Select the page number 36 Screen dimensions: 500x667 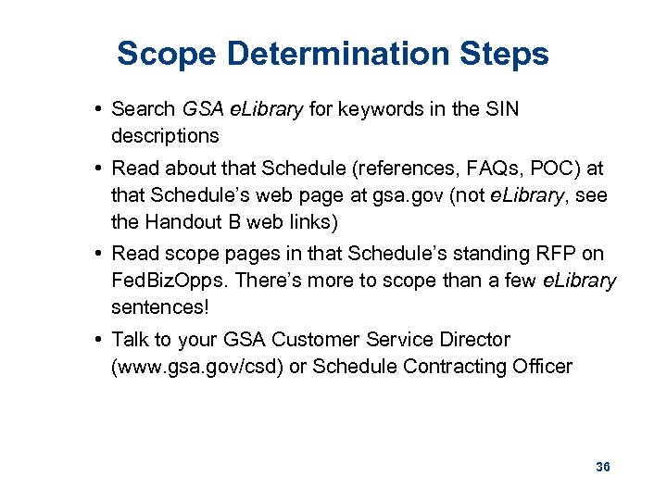click(603, 467)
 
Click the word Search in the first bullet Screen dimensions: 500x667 click(144, 109)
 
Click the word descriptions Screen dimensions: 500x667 click(165, 135)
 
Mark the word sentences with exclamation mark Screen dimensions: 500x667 click(157, 306)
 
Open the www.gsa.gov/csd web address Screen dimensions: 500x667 click(197, 366)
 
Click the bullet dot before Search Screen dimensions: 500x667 click(97, 109)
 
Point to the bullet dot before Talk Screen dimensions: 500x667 click(97, 340)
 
